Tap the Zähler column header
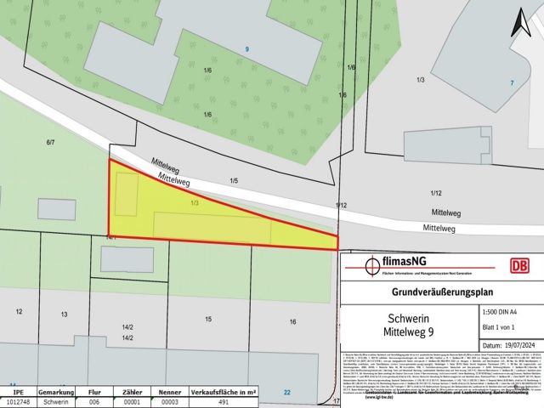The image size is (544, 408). (x=132, y=392)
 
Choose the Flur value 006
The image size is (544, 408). (x=94, y=402)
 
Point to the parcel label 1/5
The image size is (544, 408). (x=234, y=180)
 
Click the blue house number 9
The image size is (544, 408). (x=246, y=49)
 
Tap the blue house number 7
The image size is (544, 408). (x=512, y=82)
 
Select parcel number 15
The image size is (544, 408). (x=208, y=319)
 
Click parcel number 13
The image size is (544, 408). (x=64, y=314)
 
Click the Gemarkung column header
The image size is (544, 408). (x=57, y=392)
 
